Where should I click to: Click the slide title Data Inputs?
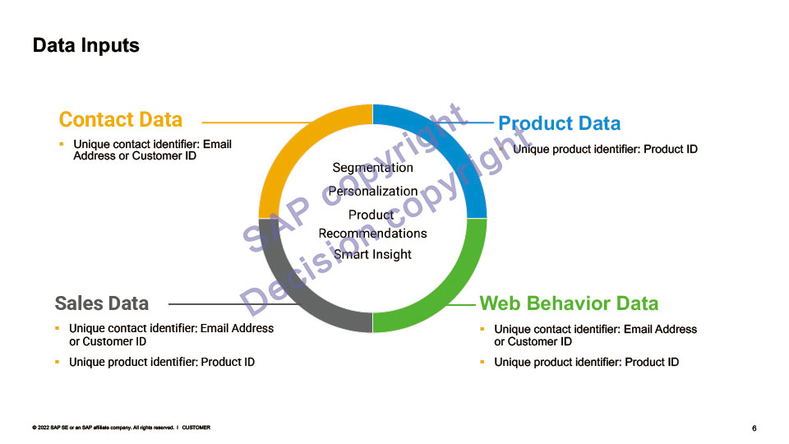[85, 45]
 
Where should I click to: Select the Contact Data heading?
[120, 119]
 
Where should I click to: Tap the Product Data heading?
[559, 123]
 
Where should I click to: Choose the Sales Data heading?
[101, 303]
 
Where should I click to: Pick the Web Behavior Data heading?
[569, 303]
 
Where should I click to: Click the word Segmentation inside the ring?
[372, 168]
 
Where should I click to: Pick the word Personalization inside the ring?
[372, 191]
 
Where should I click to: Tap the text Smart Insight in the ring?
[372, 254]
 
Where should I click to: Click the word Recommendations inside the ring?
[372, 233]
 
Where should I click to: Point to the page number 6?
[754, 428]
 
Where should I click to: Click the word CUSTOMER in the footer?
[196, 428]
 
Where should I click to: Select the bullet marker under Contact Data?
[61, 144]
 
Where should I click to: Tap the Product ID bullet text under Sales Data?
[161, 362]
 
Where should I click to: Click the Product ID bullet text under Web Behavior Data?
[586, 362]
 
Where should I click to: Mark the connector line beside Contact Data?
[247, 123]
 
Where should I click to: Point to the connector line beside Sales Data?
[214, 304]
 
